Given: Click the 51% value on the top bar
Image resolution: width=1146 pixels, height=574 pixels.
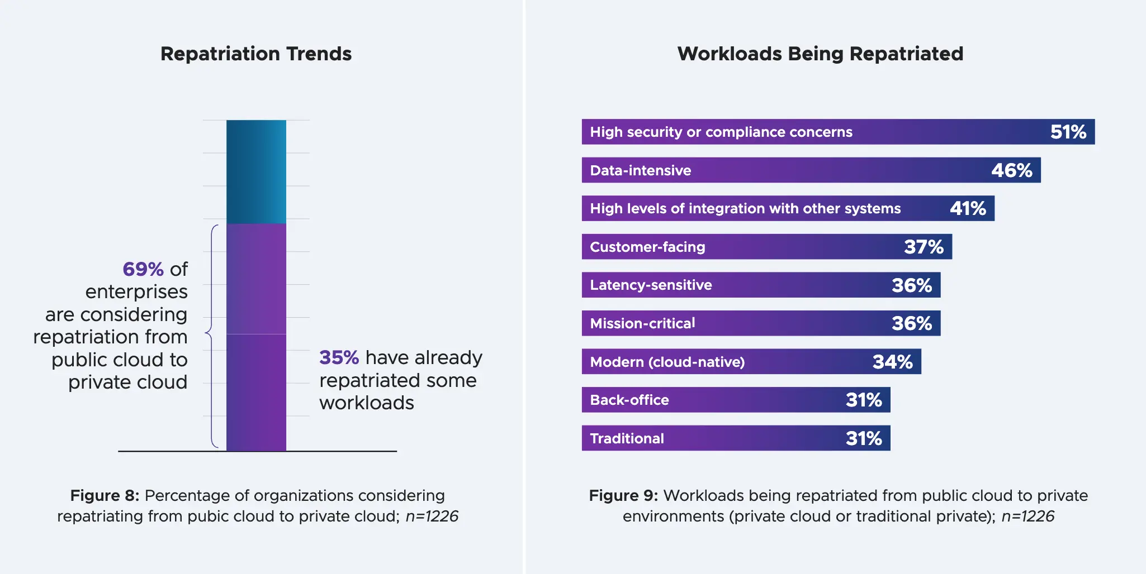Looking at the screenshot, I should coord(1068,132).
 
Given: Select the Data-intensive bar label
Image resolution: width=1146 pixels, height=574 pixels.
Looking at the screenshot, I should coord(641,170).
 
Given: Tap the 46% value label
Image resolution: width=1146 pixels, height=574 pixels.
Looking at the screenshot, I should coord(1011,170).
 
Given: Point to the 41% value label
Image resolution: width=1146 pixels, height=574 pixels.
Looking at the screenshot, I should coord(968,209).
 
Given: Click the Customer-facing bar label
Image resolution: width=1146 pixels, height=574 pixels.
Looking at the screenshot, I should coord(647,247).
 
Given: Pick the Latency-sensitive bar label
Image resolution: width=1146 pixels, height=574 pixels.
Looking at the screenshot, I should coord(651,285).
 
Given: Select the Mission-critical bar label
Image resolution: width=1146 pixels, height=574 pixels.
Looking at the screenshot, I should coord(642,323).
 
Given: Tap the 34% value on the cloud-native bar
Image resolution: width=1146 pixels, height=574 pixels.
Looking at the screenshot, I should coord(892,362).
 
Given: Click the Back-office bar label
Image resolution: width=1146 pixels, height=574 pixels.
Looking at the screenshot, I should coord(629,400).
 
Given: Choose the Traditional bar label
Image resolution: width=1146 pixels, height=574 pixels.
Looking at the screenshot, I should coord(627,439).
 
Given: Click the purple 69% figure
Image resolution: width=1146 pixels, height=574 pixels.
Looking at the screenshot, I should coord(143,269).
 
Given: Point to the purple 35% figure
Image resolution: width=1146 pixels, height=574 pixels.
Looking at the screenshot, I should coord(339,357).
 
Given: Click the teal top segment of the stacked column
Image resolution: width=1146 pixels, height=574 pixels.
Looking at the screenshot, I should coord(256,171).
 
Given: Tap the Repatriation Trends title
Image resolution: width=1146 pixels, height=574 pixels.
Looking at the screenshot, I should coord(256,54).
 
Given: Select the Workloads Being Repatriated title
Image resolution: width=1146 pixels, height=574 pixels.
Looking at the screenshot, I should coord(820,54).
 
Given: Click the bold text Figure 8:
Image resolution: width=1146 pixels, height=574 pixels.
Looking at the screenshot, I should coord(105,496).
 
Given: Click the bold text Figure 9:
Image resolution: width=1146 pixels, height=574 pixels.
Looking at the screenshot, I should coord(623,496).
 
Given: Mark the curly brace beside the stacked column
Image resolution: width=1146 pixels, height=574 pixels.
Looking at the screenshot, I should coord(211,335).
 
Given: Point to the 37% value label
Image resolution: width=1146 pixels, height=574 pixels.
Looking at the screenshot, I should coord(924,247).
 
